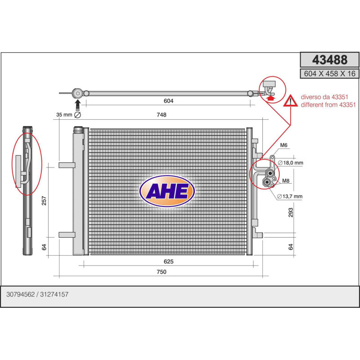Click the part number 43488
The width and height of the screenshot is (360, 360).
pyautogui.click(x=330, y=60)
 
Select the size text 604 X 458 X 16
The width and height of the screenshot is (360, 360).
pyautogui.click(x=330, y=74)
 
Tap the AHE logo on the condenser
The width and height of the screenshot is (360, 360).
pyautogui.click(x=167, y=191)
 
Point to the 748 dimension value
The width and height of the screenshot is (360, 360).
pyautogui.click(x=162, y=115)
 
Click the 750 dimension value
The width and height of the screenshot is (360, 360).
pyautogui.click(x=162, y=272)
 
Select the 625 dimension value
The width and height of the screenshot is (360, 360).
pyautogui.click(x=168, y=261)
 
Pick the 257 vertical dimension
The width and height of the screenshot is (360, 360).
pyautogui.click(x=44, y=201)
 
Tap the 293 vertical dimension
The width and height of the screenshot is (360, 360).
pyautogui.click(x=291, y=212)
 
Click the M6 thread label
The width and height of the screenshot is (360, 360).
pyautogui.click(x=284, y=145)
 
